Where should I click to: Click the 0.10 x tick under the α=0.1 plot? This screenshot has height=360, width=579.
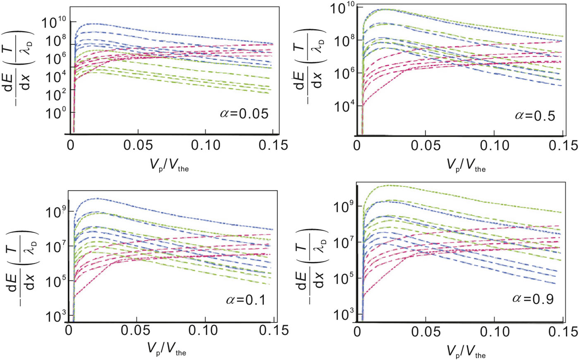click(x=206, y=331)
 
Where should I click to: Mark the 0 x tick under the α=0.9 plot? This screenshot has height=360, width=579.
click(x=357, y=332)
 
